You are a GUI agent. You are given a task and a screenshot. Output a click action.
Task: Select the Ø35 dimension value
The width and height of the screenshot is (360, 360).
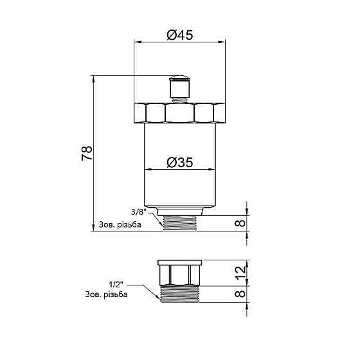pos(180,163)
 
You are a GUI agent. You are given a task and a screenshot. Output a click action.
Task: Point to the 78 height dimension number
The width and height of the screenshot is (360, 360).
pos(87,153)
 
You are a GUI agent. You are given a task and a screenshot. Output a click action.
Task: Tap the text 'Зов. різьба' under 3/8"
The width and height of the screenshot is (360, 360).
pos(121,225)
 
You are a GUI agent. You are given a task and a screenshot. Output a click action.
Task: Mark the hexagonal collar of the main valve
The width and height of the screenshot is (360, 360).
pos(179,113)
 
